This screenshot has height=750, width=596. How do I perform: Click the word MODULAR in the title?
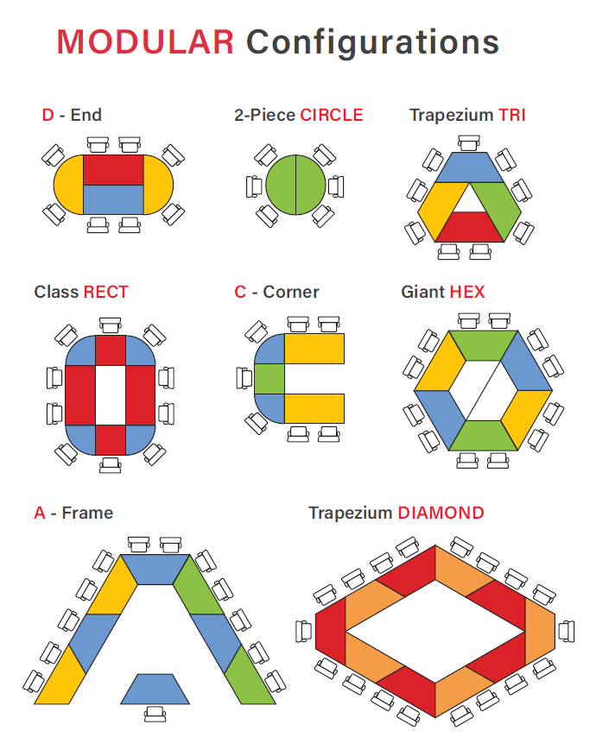point(145,41)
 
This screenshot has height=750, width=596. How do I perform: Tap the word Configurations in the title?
point(372,42)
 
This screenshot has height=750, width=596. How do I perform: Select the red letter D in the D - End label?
point(48,115)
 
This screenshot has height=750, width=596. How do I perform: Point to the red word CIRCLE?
point(332,115)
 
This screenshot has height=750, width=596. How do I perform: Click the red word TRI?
point(512,115)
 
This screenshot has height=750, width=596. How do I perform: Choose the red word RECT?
point(105,292)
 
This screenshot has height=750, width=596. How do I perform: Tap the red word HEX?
point(467,292)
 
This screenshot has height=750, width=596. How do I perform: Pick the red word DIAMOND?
point(441,513)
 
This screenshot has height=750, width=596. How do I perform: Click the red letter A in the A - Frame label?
point(40,513)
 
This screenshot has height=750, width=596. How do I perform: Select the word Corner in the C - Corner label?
point(291,292)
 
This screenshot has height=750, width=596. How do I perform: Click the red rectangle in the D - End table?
point(113,169)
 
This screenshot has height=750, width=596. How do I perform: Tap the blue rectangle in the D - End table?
point(113,199)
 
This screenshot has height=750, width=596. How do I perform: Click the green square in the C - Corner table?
point(270,378)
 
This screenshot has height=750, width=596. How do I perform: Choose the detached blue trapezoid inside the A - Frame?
point(156,689)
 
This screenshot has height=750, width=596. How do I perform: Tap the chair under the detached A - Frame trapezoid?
point(156,715)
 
